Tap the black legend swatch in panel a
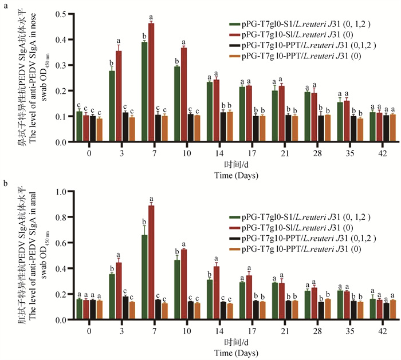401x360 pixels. [234, 44]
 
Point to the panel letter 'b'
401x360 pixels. [5, 184]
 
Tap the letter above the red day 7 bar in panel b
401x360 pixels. [151, 197]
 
